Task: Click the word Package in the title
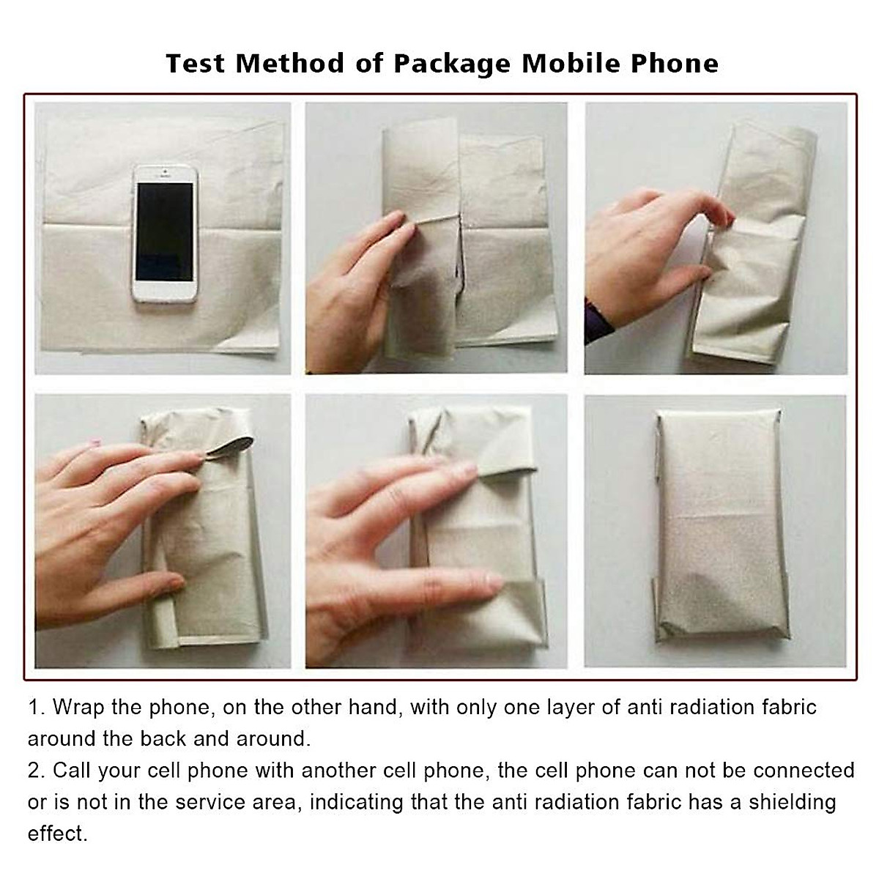(x=451, y=64)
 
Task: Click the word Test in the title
(x=196, y=63)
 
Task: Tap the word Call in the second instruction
(x=71, y=771)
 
